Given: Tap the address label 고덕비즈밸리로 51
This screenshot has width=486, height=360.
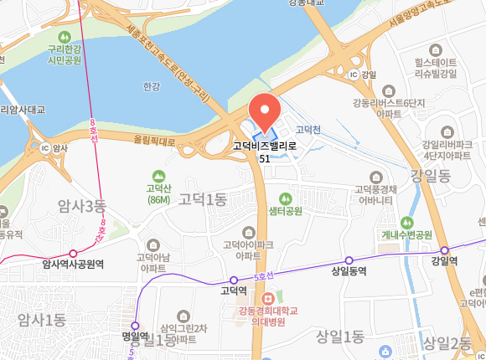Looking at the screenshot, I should point(265,151).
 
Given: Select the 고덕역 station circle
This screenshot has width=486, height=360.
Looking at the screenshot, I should point(234,280).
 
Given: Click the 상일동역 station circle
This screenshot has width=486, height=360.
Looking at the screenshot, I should point(349,260).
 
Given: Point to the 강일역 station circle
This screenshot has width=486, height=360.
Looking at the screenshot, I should point(444,249).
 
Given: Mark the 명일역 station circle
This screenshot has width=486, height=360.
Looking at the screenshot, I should point(134,326).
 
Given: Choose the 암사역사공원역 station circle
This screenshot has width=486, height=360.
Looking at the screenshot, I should point(73,253).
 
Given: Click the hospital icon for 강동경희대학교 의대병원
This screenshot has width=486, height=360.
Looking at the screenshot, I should point(267,298).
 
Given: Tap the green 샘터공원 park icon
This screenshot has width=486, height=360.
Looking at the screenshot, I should point(285,198).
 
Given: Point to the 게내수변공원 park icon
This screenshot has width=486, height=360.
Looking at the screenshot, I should point(407,222).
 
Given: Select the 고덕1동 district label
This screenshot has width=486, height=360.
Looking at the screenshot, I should point(203,199).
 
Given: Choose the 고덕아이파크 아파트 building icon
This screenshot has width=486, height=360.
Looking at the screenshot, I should point(247,231).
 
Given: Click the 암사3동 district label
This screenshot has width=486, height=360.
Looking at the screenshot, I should point(82,205).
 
